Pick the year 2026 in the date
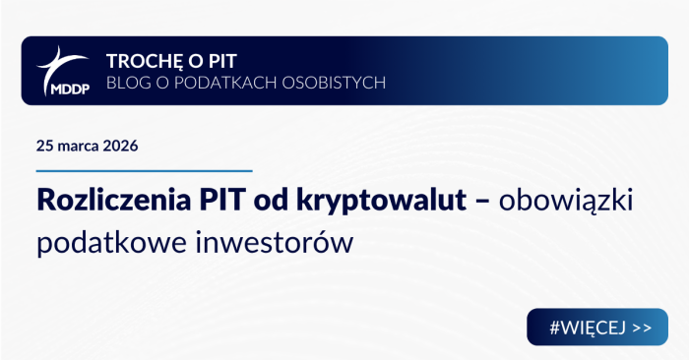tap(119, 146)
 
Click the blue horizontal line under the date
tap(145, 171)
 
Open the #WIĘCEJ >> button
tap(597, 327)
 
